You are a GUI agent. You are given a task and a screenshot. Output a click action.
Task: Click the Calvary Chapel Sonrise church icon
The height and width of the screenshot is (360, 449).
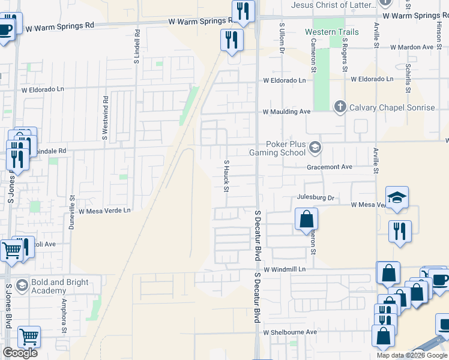coord(340,107)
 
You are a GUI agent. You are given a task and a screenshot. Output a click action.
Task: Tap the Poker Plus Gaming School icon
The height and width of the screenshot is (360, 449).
coord(315,147)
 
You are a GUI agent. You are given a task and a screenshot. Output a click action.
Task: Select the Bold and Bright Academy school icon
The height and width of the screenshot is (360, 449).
coord(22,284)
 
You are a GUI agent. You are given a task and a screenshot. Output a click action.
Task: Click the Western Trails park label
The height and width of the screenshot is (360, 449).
coord(331,32)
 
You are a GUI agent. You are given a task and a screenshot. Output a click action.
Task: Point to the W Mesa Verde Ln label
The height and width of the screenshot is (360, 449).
coord(104,211)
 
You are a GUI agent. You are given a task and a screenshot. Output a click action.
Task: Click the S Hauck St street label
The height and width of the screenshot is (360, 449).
coord(227,176)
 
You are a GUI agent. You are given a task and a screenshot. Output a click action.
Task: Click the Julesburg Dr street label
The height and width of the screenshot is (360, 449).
coord(315,197)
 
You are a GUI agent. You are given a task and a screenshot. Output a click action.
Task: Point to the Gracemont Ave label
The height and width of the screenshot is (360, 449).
coord(330,167)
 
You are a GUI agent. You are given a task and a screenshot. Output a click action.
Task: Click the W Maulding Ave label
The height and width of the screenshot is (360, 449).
coord(286,112)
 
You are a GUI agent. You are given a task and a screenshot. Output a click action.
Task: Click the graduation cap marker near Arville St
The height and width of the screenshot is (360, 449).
coord(397,198)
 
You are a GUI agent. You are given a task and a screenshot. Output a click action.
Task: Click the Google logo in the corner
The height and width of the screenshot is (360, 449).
coord(20,353)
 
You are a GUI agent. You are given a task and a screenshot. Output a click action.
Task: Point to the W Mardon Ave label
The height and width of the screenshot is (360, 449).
coord(411,47)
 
